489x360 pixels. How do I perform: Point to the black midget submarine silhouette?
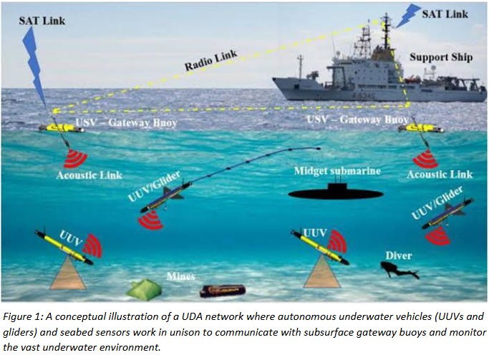click(x=334, y=193)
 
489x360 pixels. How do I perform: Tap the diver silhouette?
click(x=398, y=271)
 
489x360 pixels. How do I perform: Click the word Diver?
click(x=398, y=254)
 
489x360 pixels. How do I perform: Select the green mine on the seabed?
click(x=144, y=288)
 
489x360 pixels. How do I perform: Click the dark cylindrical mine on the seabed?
click(x=222, y=291)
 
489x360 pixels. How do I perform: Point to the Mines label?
click(x=181, y=276)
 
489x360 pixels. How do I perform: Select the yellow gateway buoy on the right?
click(x=423, y=129)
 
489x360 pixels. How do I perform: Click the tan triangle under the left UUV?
click(x=68, y=275)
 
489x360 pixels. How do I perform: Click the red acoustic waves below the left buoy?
click(x=75, y=157)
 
